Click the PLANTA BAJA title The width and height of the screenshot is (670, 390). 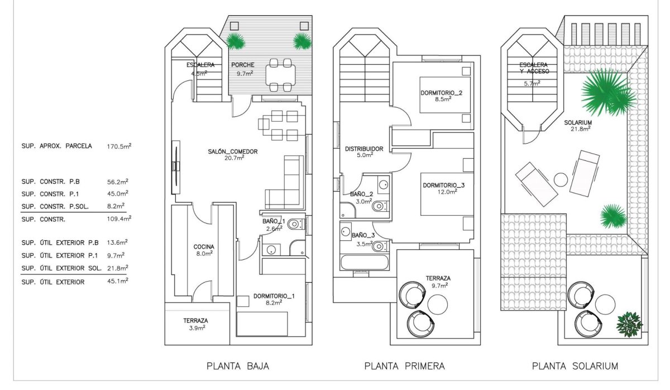coord(238,367)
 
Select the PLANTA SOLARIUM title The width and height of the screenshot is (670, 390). coord(575,367)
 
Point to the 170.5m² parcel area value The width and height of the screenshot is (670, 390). coord(119,147)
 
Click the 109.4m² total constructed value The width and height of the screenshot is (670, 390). coord(118,219)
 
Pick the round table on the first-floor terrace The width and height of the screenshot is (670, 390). coord(437,304)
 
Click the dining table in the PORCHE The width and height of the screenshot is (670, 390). coord(279,74)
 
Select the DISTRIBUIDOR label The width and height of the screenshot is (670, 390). coord(363,149)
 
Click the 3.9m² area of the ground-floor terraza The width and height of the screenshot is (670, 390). coord(196,328)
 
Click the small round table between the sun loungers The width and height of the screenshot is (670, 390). coord(561,180)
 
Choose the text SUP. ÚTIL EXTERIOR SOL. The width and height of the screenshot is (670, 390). coord(61,268)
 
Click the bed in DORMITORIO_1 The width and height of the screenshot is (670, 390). coord(262,324)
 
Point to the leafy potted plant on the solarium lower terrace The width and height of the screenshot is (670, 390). coord(629,324)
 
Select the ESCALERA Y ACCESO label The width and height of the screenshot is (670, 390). coord(534,68)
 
